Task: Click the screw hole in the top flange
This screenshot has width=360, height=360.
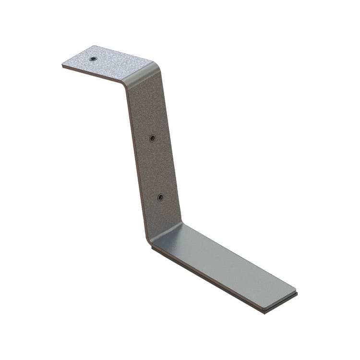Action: [93, 59]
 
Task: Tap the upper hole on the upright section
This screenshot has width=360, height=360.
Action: [152, 138]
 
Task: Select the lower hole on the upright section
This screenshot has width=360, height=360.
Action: [160, 197]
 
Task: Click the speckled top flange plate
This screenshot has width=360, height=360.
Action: [108, 62]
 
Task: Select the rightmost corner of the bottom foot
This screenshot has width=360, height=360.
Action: [296, 291]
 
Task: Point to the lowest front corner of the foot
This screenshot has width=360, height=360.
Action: [264, 311]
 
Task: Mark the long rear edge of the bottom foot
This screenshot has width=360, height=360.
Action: [240, 254]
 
